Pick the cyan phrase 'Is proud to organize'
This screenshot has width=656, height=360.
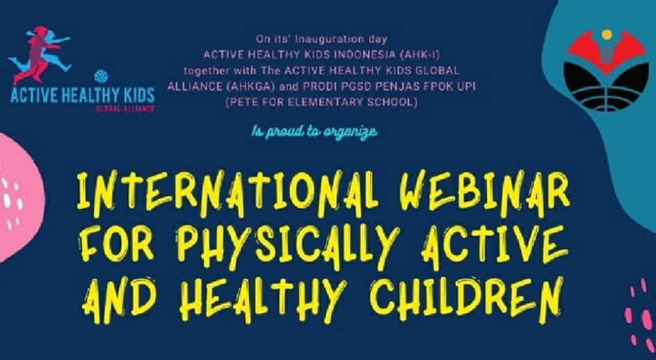coord(314,132)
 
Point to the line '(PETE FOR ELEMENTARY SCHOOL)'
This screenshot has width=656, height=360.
coord(321,103)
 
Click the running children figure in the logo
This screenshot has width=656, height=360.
coord(39,55)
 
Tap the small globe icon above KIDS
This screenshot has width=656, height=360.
coord(101,76)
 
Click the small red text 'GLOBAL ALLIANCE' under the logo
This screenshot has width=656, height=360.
coord(125,109)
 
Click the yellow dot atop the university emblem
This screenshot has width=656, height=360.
coord(607,35)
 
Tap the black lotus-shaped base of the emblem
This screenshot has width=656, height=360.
coord(606,87)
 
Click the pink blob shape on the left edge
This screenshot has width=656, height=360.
coord(19,197)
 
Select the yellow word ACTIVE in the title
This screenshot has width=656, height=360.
coord(495,246)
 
